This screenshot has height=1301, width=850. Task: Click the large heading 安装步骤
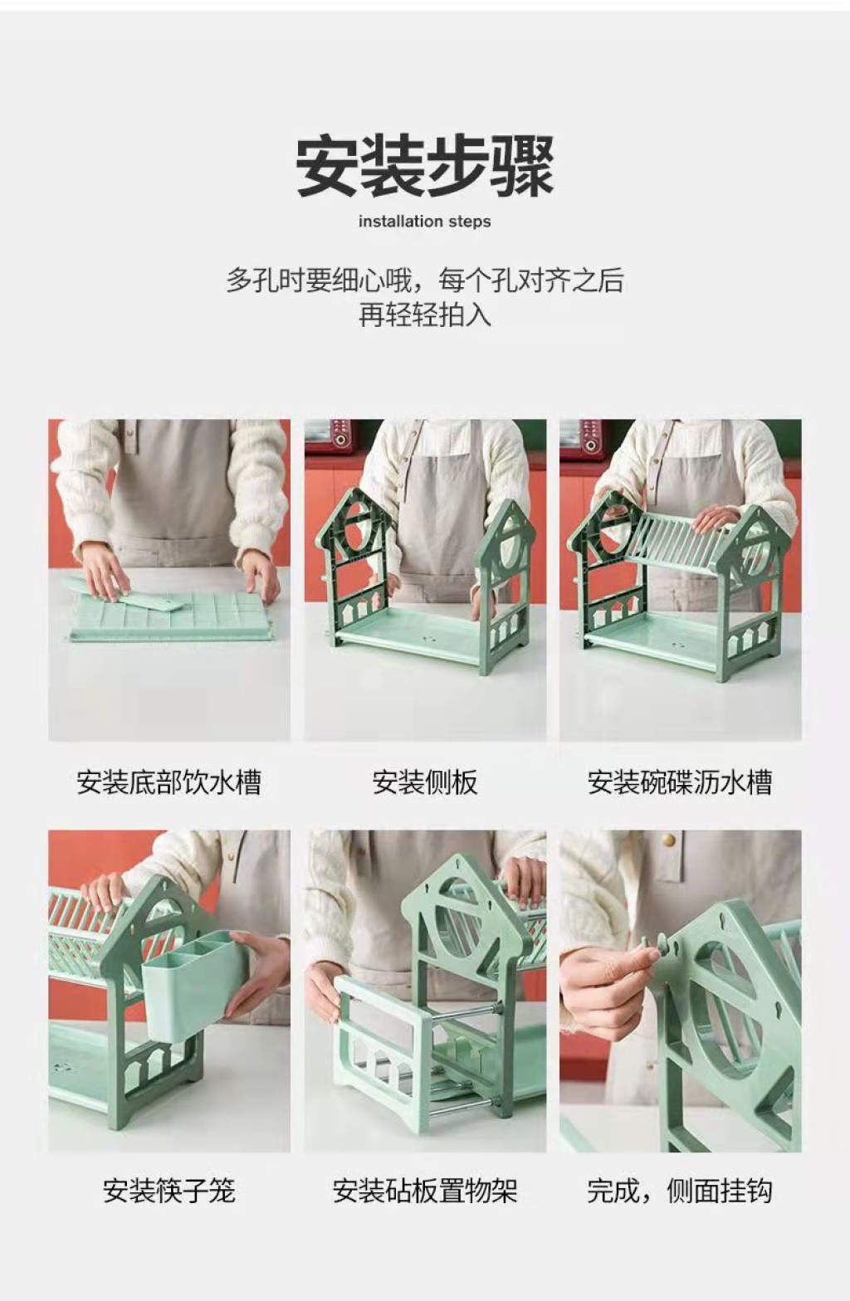425,167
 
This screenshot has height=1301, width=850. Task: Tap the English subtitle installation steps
425,222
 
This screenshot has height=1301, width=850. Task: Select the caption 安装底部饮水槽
169,782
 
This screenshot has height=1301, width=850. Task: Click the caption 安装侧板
425,782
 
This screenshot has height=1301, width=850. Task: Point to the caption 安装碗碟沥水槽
680,782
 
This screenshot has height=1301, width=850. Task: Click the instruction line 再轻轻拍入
425,315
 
